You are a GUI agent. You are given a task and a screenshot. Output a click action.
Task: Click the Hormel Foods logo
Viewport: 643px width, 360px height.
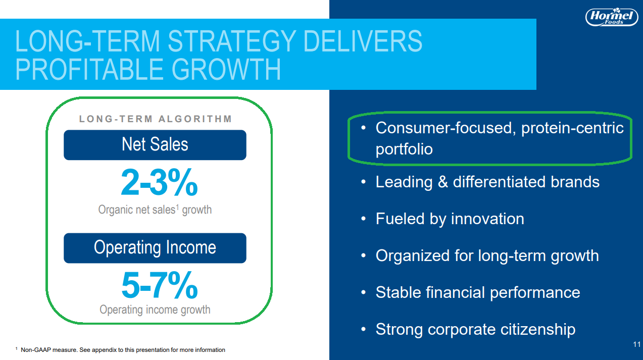[611, 17]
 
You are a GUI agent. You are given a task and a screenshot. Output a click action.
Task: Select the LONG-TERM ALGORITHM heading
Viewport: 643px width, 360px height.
[155, 119]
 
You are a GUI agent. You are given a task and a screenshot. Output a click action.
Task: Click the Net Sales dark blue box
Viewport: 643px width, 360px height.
[155, 145]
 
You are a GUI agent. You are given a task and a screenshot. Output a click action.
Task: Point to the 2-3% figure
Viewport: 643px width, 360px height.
[159, 182]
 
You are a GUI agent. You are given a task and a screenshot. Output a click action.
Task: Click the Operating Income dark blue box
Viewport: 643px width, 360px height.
[155, 248]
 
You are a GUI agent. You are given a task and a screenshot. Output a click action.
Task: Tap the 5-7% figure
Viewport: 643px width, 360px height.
[160, 285]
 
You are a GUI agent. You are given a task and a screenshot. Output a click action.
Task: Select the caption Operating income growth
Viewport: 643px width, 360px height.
[155, 310]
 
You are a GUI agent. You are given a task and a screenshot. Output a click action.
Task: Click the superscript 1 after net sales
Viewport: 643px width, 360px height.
[177, 207]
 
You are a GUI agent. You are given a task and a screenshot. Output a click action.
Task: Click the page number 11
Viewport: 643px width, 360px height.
[636, 344]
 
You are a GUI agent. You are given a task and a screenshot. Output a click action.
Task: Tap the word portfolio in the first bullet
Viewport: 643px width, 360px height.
[404, 149]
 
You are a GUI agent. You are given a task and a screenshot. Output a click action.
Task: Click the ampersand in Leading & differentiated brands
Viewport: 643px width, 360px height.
[443, 182]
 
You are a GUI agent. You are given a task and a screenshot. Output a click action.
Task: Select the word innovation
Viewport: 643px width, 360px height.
[487, 219]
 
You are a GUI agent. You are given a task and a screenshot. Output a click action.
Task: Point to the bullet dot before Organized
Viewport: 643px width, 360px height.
[363, 255]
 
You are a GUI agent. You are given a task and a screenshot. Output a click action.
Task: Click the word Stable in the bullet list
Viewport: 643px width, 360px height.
[399, 292]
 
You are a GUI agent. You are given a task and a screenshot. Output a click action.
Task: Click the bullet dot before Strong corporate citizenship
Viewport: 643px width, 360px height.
[363, 329]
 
